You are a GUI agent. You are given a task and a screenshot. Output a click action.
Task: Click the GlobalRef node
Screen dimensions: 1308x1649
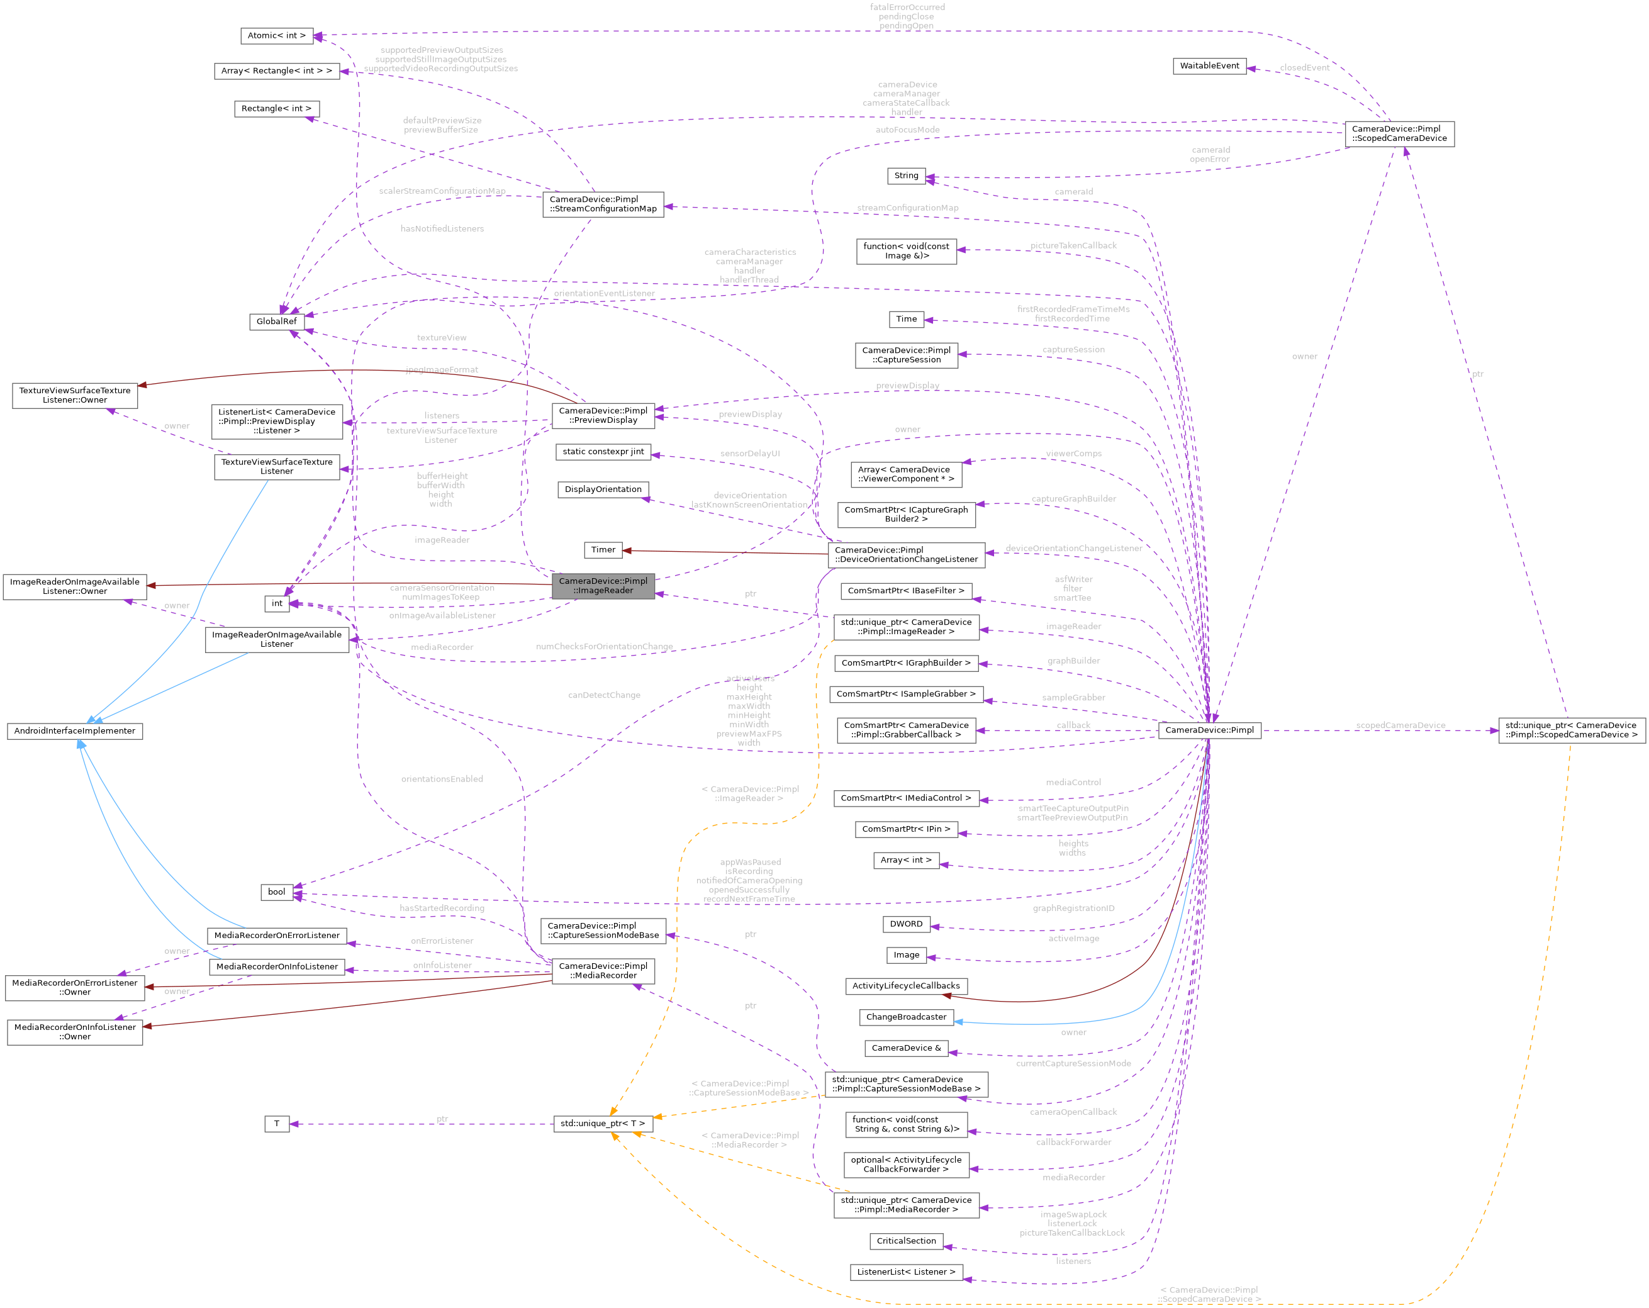[276, 321]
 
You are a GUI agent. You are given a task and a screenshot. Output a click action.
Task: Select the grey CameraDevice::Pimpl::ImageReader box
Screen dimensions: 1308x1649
[603, 586]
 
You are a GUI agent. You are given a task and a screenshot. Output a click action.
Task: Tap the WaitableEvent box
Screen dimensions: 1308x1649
[1209, 66]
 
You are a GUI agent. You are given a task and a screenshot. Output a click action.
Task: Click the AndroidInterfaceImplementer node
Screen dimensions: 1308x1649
[75, 731]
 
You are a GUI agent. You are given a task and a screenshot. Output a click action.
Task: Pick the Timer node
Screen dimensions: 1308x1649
[603, 550]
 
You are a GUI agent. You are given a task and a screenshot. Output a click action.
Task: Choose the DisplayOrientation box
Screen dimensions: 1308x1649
[603, 489]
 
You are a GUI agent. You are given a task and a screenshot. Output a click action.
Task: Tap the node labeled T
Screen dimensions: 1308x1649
[277, 1124]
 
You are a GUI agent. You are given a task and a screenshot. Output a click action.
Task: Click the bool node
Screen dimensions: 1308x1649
[277, 892]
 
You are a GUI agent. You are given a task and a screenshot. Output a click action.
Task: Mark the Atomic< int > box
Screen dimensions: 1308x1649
[276, 36]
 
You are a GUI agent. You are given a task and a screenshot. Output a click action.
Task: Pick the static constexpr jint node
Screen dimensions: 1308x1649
[603, 452]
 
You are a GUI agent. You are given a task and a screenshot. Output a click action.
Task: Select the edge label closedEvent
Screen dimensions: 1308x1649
[1304, 68]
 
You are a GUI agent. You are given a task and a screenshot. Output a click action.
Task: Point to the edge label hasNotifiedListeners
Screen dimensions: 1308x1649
[442, 229]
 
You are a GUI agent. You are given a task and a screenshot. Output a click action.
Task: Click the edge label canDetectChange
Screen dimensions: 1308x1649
[604, 695]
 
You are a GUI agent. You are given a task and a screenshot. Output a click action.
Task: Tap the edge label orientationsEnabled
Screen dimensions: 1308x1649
[442, 779]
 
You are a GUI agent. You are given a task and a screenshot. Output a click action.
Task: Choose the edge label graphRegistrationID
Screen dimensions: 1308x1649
[1073, 908]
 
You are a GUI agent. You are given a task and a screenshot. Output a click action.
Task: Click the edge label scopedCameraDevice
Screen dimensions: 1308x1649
[1400, 726]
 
